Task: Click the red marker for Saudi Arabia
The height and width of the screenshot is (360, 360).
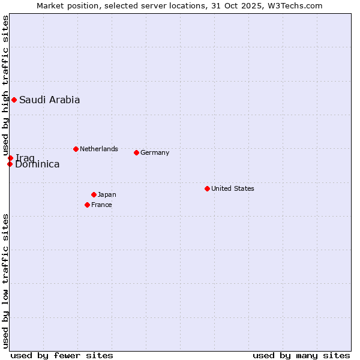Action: click(14, 100)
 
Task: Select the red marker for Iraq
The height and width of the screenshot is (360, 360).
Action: click(10, 158)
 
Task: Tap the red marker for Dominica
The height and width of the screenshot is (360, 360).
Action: click(10, 164)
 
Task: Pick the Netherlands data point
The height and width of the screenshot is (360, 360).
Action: click(76, 149)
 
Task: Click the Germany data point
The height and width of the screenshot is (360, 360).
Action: click(136, 152)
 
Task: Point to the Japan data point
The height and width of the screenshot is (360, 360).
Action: click(94, 194)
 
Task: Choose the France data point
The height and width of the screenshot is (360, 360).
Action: click(87, 205)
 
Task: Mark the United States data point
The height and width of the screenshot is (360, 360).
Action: click(207, 188)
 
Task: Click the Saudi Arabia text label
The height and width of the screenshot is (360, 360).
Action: click(49, 100)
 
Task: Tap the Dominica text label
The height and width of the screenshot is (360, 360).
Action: click(37, 164)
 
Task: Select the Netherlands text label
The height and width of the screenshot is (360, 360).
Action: click(98, 149)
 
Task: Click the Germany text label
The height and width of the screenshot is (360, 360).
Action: click(155, 152)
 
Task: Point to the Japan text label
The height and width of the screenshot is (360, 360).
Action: click(107, 194)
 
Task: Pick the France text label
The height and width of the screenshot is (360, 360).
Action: click(101, 205)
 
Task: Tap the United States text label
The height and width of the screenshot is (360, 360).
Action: click(232, 188)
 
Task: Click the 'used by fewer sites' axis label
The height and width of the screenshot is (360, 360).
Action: click(62, 355)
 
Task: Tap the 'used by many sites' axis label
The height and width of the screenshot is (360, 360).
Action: click(301, 355)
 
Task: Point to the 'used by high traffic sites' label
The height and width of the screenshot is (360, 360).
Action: click(5, 84)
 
